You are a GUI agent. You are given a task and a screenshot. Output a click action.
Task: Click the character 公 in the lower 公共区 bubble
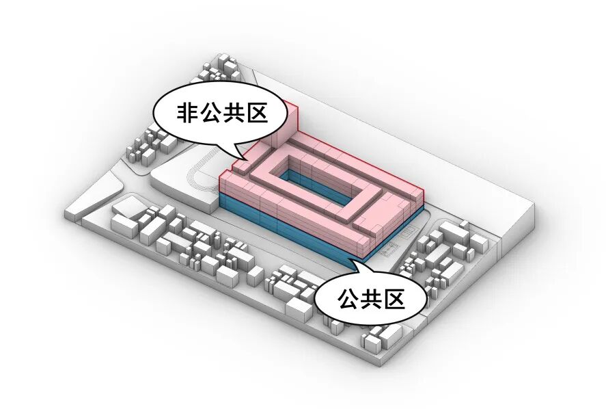coord(350,299)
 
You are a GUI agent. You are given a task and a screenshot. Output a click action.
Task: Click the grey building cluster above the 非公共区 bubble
coord(220,72)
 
